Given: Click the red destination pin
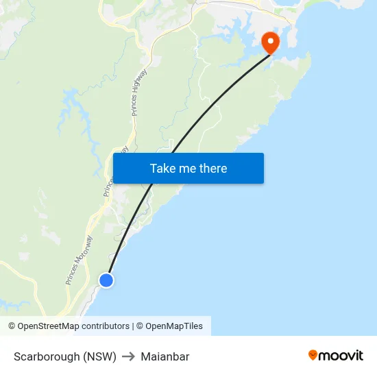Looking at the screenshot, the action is point(270,42).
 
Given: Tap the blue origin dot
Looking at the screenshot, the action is point(106,280).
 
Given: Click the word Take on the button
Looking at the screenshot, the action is point(163,169).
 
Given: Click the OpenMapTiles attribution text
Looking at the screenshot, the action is point(174,326).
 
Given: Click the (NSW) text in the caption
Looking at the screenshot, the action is point(99,356).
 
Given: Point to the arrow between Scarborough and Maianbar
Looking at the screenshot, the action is point(128,356).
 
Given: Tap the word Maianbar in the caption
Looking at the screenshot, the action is point(165,356).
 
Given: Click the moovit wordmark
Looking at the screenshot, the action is point(341,355).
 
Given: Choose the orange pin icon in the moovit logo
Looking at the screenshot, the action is point(313,355).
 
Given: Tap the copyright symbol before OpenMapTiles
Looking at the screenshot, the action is point(139,326).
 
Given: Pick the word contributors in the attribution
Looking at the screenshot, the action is point(104,326).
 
